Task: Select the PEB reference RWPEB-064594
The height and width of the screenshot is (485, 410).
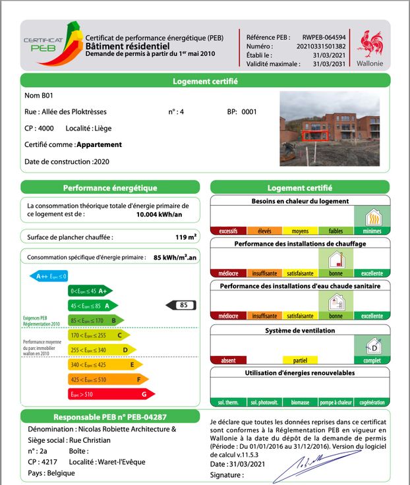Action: (324, 38)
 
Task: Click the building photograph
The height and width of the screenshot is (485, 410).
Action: (330, 128)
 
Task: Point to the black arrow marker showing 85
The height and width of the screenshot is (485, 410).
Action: (182, 305)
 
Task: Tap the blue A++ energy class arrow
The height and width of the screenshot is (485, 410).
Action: (49, 276)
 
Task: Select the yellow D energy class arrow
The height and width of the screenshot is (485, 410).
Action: (102, 350)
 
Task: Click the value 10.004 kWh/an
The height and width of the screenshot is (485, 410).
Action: (158, 214)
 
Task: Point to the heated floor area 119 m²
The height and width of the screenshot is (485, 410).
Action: (186, 237)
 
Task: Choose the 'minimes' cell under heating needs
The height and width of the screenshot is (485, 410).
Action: (372, 231)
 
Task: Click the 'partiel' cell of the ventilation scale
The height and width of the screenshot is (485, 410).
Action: (301, 360)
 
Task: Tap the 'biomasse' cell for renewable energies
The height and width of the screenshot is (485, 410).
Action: (301, 402)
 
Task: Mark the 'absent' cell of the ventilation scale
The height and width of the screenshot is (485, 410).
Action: (228, 360)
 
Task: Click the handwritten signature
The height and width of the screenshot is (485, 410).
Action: (307, 466)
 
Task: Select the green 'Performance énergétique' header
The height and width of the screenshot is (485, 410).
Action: (110, 188)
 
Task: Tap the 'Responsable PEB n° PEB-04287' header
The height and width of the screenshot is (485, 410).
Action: (110, 417)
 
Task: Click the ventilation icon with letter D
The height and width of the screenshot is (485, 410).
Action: (373, 346)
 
